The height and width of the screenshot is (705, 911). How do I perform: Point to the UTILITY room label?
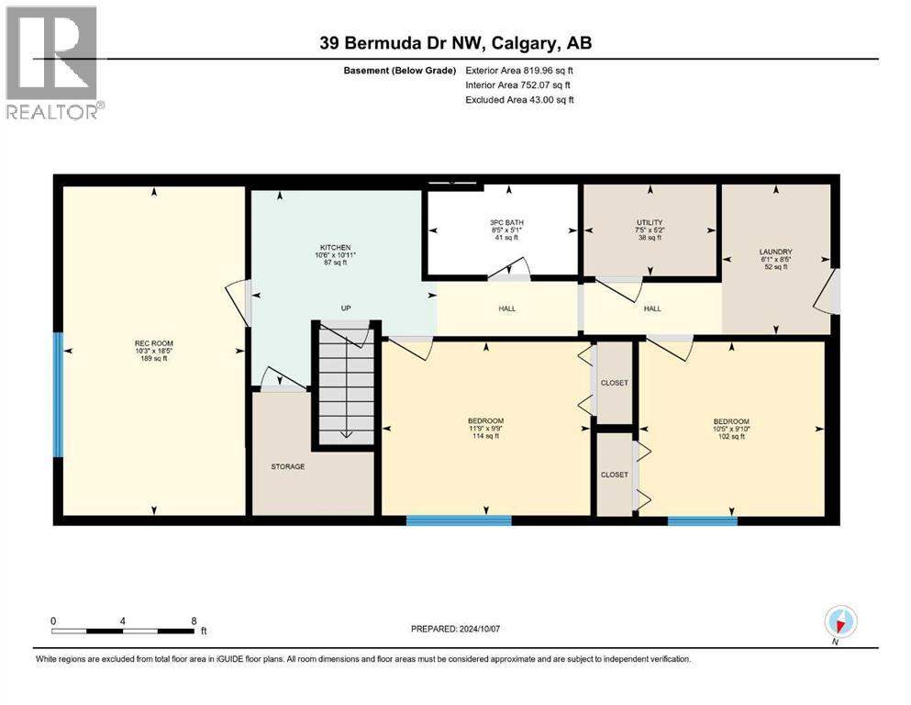[650, 223]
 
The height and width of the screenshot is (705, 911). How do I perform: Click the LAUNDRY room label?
[775, 252]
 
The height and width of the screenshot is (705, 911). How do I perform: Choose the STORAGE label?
[287, 466]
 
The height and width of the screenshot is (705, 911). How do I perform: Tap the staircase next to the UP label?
[346, 386]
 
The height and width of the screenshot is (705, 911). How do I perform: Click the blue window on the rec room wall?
[59, 395]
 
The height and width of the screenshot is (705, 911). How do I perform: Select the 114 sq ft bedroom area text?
[485, 436]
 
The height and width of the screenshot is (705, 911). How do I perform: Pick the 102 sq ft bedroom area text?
[731, 436]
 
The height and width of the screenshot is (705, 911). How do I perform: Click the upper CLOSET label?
[614, 382]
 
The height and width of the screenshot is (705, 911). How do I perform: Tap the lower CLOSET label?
[614, 475]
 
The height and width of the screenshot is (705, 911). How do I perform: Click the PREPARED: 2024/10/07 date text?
[456, 629]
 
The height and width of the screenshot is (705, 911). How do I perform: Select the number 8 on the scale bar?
[194, 620]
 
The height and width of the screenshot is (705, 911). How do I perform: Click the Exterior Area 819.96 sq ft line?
[519, 70]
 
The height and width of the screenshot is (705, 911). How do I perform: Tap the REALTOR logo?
[52, 62]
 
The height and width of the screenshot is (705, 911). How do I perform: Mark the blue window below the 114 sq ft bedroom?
[459, 520]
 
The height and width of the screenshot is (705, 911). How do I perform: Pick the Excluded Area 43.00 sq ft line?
[519, 100]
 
